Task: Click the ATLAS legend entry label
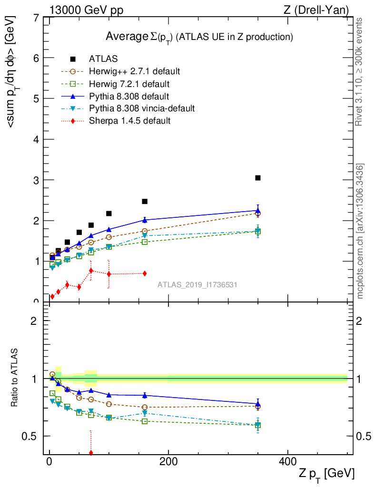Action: (x=103, y=59)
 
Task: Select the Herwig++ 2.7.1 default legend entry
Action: (x=134, y=71)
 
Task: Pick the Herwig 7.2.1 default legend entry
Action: (x=129, y=84)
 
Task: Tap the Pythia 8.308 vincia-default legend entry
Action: (x=142, y=108)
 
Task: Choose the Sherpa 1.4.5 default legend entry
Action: (x=129, y=121)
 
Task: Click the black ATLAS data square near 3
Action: (x=258, y=178)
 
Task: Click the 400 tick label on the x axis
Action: (x=287, y=462)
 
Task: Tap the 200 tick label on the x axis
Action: (x=168, y=462)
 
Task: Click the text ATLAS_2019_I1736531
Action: (x=197, y=285)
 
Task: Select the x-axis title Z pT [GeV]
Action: (x=327, y=474)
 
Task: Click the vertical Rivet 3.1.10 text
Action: (x=360, y=71)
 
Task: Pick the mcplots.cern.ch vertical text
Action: (x=360, y=231)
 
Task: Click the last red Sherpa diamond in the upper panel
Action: (x=144, y=273)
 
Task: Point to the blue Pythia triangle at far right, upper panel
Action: (x=258, y=210)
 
